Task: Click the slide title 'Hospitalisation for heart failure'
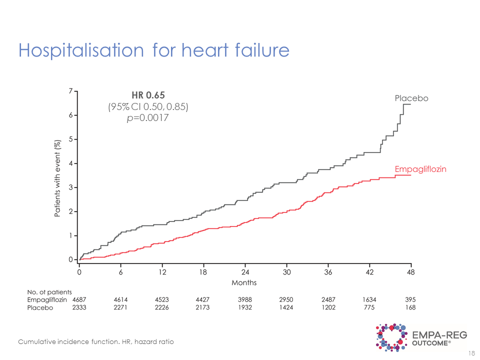(153, 50)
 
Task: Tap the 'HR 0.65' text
(148, 95)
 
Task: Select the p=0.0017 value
(148, 118)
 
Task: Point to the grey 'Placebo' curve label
(411, 98)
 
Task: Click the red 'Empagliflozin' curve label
(420, 169)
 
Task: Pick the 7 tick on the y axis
(71, 91)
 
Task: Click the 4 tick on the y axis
(71, 163)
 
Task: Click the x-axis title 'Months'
(244, 283)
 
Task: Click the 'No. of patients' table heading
(49, 292)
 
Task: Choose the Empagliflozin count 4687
(79, 299)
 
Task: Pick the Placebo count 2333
(79, 308)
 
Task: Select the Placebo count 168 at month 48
(410, 308)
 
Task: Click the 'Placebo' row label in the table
(40, 308)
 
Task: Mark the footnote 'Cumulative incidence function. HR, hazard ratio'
(96, 341)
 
